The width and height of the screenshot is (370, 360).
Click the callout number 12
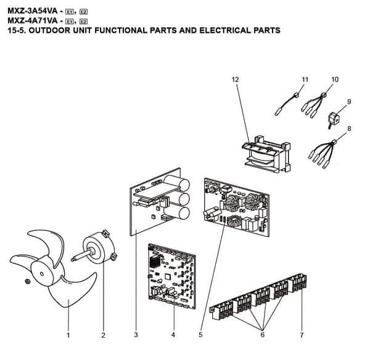(235, 80)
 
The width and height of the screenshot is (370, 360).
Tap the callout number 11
(304, 80)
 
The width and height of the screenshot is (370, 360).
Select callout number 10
(335, 80)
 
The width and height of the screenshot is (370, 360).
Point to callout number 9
(349, 101)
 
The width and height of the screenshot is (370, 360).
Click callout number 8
(349, 128)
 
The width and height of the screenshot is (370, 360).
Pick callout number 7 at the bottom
(302, 335)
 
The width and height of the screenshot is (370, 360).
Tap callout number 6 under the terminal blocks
(263, 335)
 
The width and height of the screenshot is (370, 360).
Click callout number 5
(201, 335)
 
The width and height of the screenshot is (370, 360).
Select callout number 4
(173, 335)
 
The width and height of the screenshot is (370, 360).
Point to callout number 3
(135, 335)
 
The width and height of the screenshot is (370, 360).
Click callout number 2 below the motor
(103, 335)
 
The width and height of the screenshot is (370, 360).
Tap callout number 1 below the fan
(68, 335)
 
